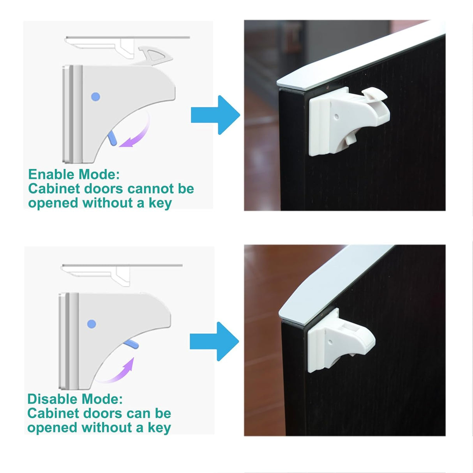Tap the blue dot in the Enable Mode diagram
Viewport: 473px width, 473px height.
point(95,97)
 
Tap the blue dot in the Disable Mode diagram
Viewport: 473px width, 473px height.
point(92,324)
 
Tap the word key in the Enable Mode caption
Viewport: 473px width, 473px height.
point(160,203)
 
